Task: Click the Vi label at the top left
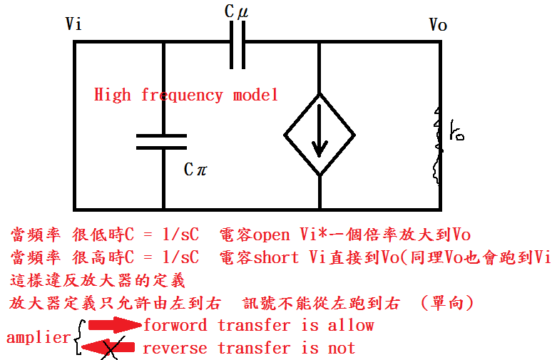click(x=73, y=24)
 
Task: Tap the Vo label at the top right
click(x=438, y=26)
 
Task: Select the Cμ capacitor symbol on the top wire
click(x=237, y=42)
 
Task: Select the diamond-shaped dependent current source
click(x=319, y=134)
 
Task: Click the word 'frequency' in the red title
click(x=182, y=95)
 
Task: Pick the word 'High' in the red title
click(x=113, y=95)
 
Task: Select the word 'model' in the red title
click(x=255, y=95)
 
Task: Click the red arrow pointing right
click(x=113, y=325)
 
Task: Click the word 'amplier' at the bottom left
click(x=37, y=337)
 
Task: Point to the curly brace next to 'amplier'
click(x=78, y=336)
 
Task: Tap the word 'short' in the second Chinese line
click(x=276, y=257)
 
